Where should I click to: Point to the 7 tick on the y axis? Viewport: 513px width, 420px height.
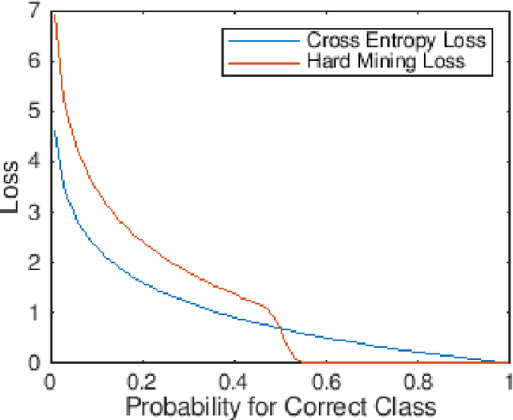[35, 10]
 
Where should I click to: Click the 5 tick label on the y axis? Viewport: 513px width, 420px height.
[35, 111]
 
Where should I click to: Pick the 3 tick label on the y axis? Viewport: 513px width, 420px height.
[35, 212]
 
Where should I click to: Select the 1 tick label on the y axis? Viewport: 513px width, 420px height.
[35, 312]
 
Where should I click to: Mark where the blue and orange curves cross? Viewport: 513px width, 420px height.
[280, 328]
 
